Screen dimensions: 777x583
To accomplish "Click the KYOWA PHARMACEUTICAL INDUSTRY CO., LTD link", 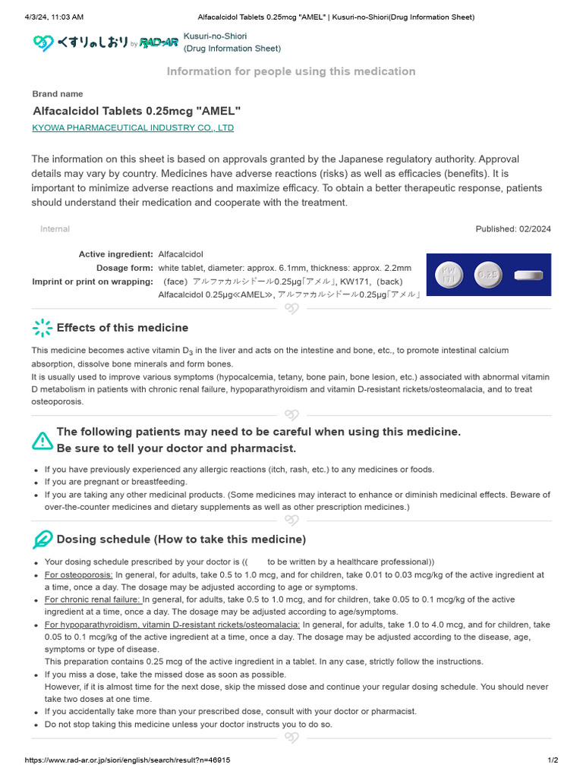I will [x=133, y=127].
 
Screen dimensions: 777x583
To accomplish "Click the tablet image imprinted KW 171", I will [x=448, y=275].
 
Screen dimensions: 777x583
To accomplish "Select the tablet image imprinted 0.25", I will [x=488, y=275].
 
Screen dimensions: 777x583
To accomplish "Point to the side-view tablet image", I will [x=529, y=275].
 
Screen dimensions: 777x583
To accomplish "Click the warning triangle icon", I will [x=43, y=440].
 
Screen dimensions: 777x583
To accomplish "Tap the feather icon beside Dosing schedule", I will [x=43, y=539].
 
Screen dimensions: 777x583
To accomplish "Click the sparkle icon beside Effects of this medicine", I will [x=43, y=328].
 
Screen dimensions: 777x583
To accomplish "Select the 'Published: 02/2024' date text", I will [x=513, y=229].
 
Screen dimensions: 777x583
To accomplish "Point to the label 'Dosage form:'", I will [x=124, y=268].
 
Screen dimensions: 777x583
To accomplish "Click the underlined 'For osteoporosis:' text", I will [x=79, y=574].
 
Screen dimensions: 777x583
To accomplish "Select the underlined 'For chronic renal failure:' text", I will [x=93, y=599].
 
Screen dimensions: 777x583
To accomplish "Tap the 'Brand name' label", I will [x=58, y=94].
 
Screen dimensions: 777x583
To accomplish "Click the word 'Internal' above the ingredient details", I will [x=55, y=229].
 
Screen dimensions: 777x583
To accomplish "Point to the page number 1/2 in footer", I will [x=553, y=760].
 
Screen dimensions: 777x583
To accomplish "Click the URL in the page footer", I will [x=128, y=760].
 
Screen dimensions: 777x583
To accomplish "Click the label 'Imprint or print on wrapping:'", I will [x=93, y=282].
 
